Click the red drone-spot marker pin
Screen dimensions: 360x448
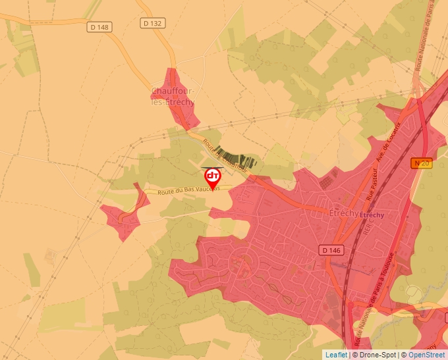click(213, 177)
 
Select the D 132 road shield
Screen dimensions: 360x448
click(153, 23)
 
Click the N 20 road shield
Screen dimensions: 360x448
click(422, 163)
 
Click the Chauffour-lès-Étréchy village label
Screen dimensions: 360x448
click(173, 97)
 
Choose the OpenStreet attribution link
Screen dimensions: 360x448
click(426, 355)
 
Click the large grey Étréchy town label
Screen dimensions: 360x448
click(343, 213)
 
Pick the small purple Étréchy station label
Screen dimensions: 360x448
click(372, 215)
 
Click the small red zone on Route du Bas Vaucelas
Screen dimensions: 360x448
click(125, 214)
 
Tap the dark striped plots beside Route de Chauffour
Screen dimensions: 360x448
click(238, 159)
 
